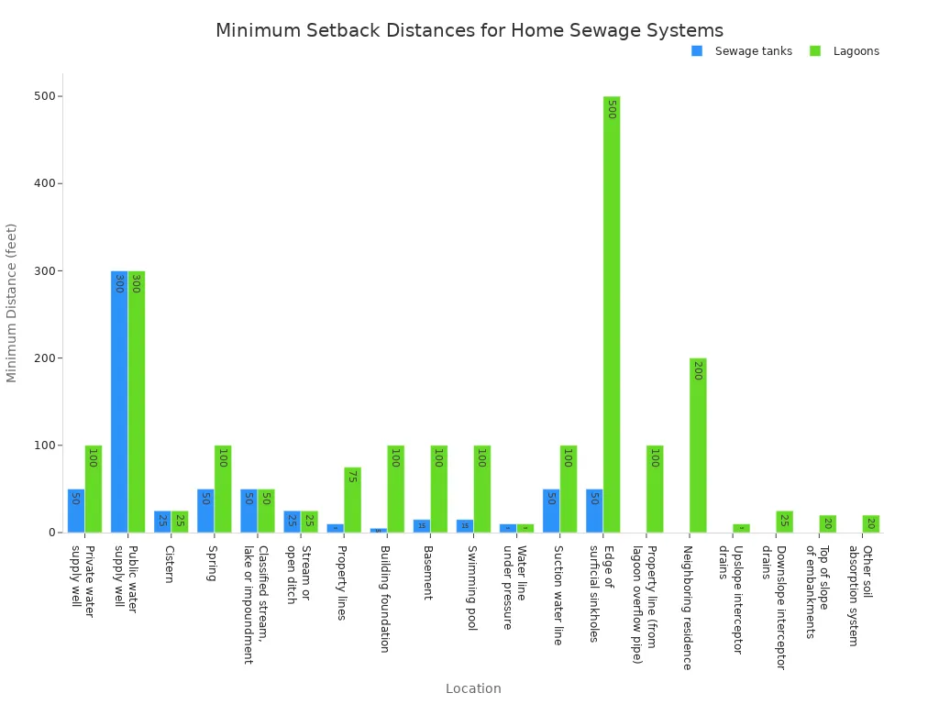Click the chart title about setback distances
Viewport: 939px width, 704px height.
pos(469,30)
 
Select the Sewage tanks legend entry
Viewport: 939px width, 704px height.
pos(752,51)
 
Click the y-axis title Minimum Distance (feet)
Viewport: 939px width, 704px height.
pos(12,302)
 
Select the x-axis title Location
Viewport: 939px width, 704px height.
pos(473,688)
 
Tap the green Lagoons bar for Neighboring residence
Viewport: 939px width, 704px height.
pos(698,445)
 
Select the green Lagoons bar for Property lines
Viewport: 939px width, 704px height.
pos(352,500)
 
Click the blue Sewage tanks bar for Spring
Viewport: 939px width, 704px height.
pos(205,511)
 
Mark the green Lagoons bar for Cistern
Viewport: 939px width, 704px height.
pos(180,522)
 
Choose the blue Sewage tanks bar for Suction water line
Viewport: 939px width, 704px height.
pos(551,511)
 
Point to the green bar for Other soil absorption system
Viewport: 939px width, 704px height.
pos(870,523)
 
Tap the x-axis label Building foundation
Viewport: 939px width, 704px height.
pos(385,599)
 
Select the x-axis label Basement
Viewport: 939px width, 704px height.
pos(427,572)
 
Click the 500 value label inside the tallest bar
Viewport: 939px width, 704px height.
pos(612,109)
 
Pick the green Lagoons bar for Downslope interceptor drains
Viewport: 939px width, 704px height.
pos(784,522)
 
